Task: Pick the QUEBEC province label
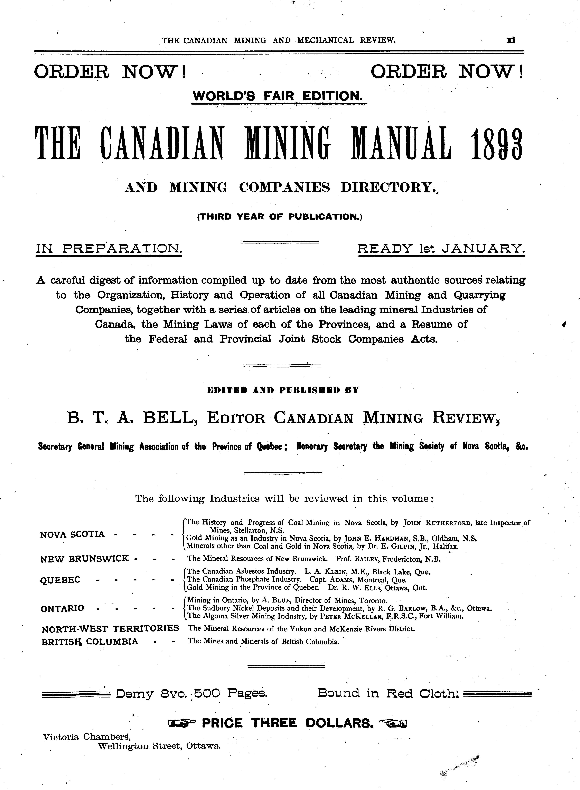click(60, 580)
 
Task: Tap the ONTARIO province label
click(63, 608)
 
